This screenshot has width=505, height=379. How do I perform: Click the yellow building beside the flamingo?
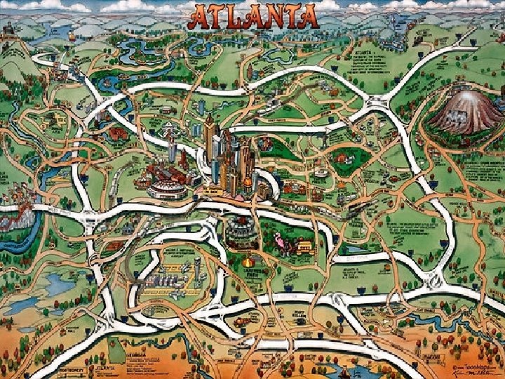304,246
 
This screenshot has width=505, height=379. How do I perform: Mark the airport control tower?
198,265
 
